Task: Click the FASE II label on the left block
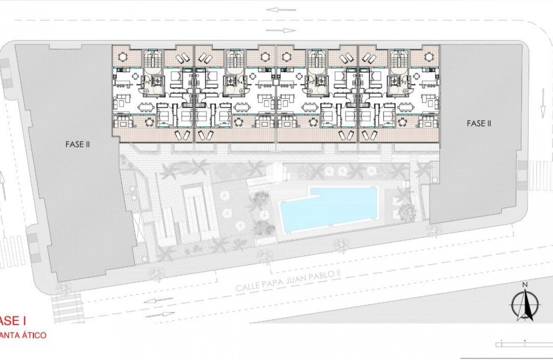point(78,144)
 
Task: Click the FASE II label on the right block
point(478,124)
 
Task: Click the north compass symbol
point(524,305)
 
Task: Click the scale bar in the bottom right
point(524,344)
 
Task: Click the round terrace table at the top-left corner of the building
point(123,57)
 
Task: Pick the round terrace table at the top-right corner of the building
point(429,57)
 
